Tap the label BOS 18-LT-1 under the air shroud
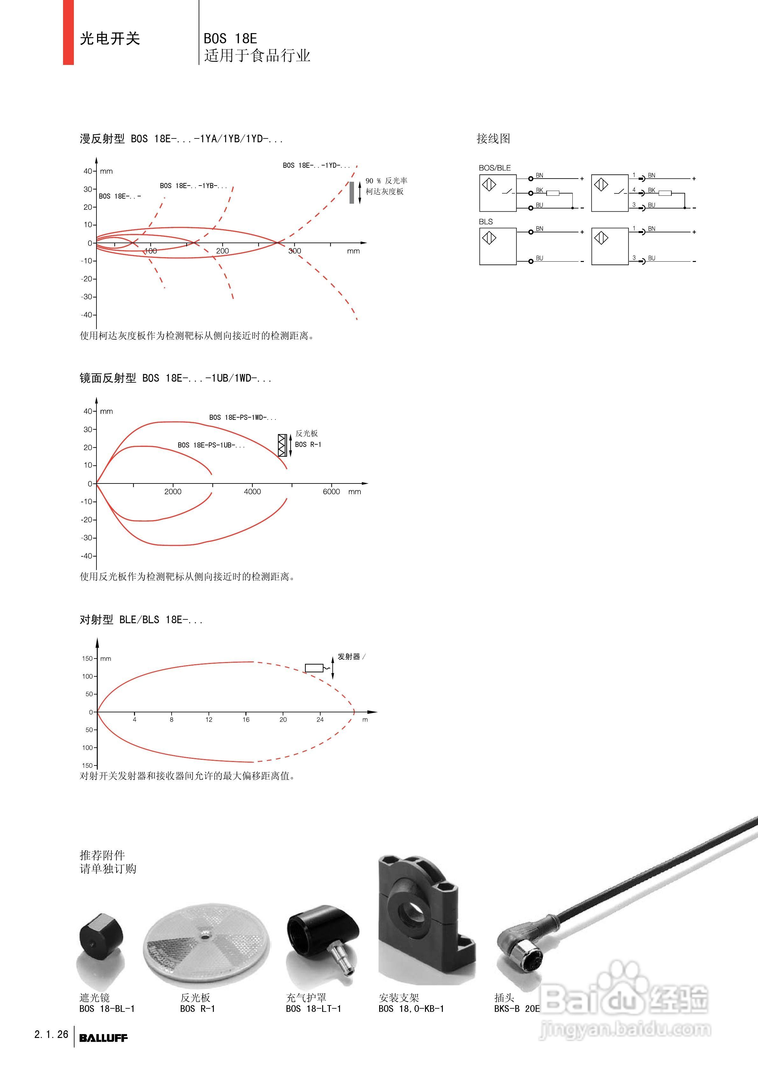[313, 1009]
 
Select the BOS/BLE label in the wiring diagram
[495, 168]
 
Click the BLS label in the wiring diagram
[486, 222]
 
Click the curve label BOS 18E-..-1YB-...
[193, 186]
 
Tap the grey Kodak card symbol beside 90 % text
[352, 192]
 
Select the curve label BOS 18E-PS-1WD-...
[242, 417]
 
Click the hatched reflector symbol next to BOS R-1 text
[282, 445]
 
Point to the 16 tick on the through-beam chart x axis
[246, 719]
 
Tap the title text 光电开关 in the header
[110, 38]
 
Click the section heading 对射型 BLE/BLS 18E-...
[141, 620]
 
